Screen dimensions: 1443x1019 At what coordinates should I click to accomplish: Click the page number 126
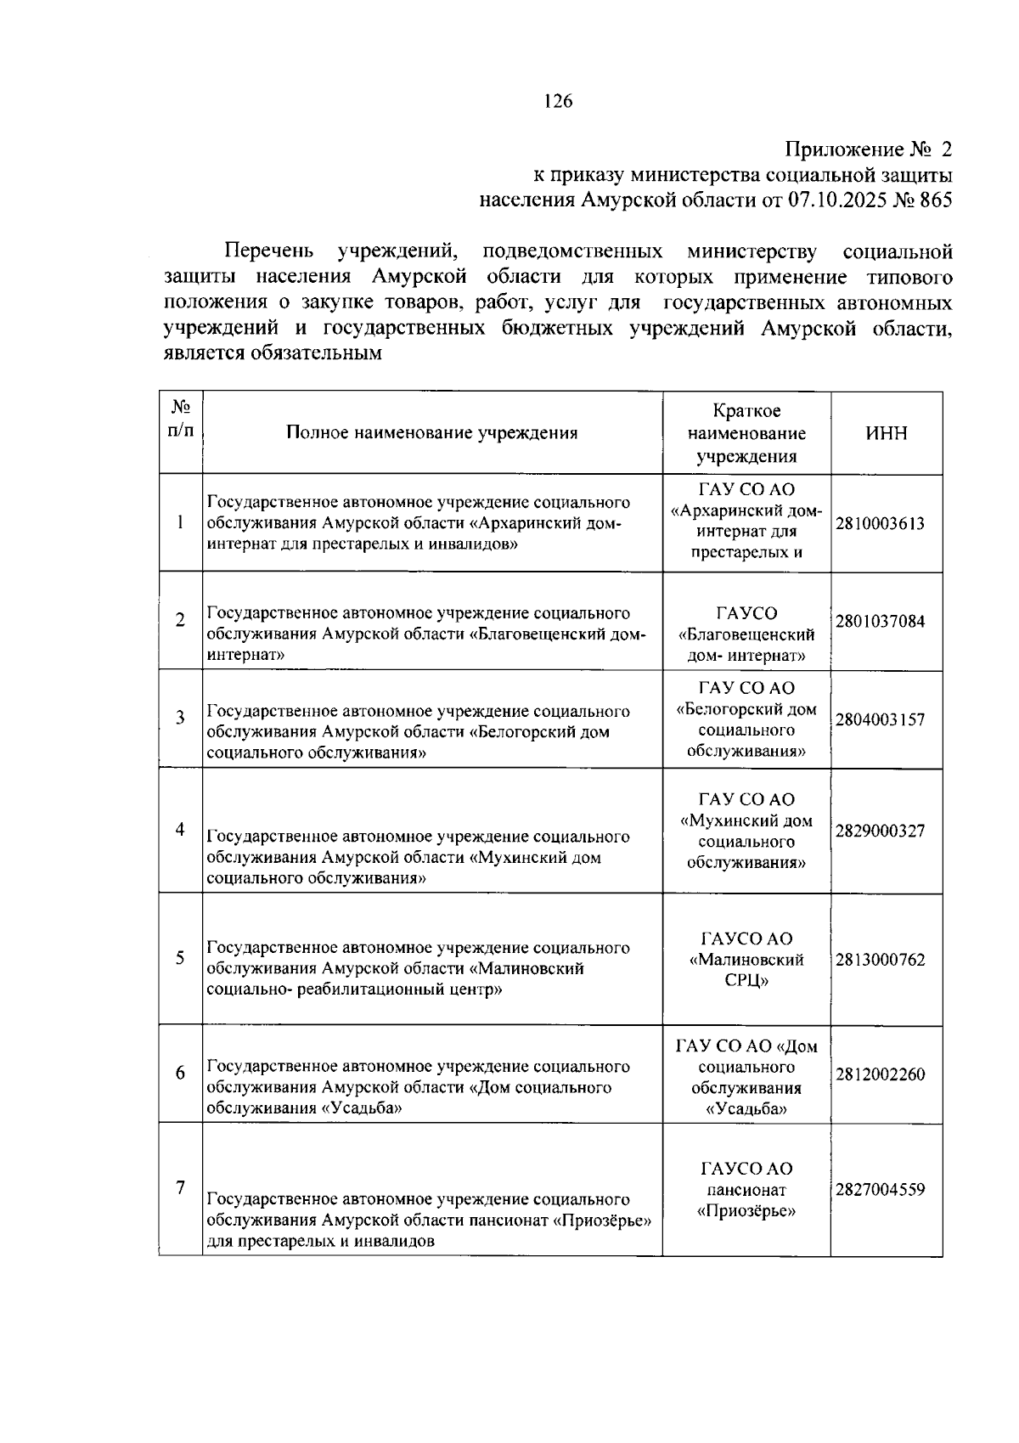point(558,102)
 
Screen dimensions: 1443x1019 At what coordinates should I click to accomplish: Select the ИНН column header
point(886,433)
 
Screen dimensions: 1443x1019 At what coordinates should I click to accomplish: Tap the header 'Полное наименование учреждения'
point(431,433)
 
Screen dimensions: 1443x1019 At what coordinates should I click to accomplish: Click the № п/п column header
point(180,419)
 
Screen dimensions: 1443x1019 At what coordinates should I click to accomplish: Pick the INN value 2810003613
point(880,523)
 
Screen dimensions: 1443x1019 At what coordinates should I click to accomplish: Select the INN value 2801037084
point(880,622)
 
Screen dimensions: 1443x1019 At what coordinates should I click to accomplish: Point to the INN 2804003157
point(880,720)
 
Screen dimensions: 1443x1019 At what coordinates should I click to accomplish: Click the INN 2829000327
point(880,831)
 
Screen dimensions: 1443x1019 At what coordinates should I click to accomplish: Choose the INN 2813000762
point(880,960)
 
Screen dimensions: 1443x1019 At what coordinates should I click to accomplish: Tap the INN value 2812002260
point(880,1074)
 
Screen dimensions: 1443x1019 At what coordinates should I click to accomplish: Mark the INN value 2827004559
point(880,1189)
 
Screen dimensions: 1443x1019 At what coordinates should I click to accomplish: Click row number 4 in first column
point(180,829)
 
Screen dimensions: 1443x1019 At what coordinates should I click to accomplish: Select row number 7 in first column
point(180,1187)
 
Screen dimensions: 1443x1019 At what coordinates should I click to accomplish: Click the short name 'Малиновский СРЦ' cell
point(746,960)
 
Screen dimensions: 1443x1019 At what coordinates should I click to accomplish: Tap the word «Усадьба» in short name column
point(746,1109)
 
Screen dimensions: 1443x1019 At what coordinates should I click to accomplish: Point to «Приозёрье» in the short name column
point(746,1211)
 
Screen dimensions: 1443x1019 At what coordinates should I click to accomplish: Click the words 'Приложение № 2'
point(868,150)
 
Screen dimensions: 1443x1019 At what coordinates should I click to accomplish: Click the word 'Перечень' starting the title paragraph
point(269,252)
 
